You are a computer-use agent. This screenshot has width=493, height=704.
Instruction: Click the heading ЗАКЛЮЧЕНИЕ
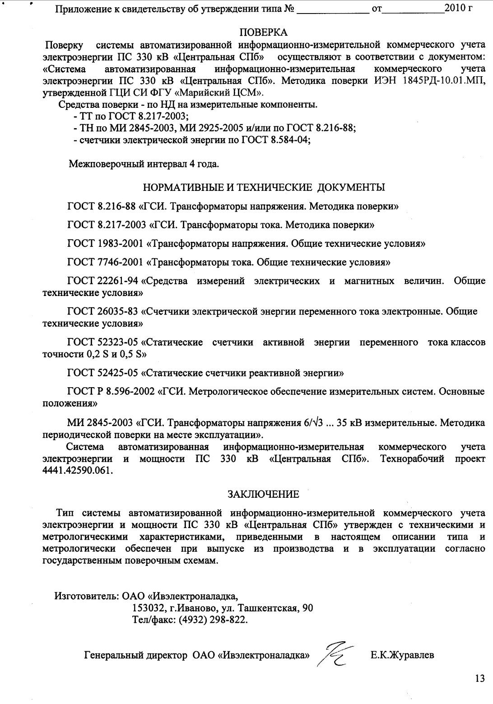(x=263, y=494)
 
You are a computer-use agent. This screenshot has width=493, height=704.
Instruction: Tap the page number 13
(x=479, y=678)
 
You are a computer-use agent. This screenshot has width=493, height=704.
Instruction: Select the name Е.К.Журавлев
(x=402, y=655)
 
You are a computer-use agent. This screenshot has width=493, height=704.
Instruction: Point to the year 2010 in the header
(x=454, y=8)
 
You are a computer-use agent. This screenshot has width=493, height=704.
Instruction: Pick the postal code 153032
(x=147, y=608)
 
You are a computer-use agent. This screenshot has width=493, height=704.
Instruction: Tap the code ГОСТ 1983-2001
(x=106, y=243)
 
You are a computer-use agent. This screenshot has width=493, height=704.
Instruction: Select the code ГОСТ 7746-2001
(x=106, y=262)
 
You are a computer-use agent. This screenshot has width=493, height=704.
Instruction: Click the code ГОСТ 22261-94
(x=102, y=281)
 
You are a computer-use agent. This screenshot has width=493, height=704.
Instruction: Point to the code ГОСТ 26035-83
(x=102, y=311)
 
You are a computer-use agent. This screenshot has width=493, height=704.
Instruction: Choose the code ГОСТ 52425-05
(x=102, y=373)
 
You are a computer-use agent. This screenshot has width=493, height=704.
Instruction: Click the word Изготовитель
(x=86, y=596)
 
